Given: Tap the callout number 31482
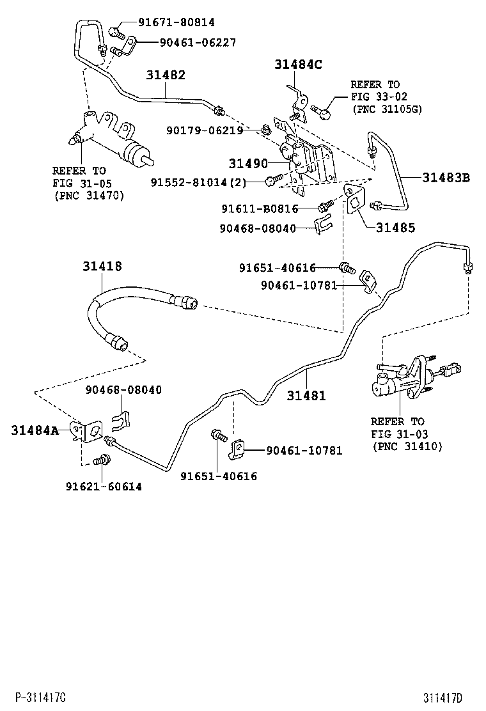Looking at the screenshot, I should pyautogui.click(x=166, y=75).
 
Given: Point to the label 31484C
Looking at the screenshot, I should pyautogui.click(x=299, y=64).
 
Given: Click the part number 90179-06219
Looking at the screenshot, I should pyautogui.click(x=205, y=130).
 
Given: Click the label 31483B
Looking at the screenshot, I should pyautogui.click(x=446, y=178).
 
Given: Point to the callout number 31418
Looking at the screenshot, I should pyautogui.click(x=102, y=266).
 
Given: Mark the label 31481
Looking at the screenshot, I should pyautogui.click(x=306, y=396).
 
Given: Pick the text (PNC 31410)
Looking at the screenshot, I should pyautogui.click(x=407, y=446).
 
